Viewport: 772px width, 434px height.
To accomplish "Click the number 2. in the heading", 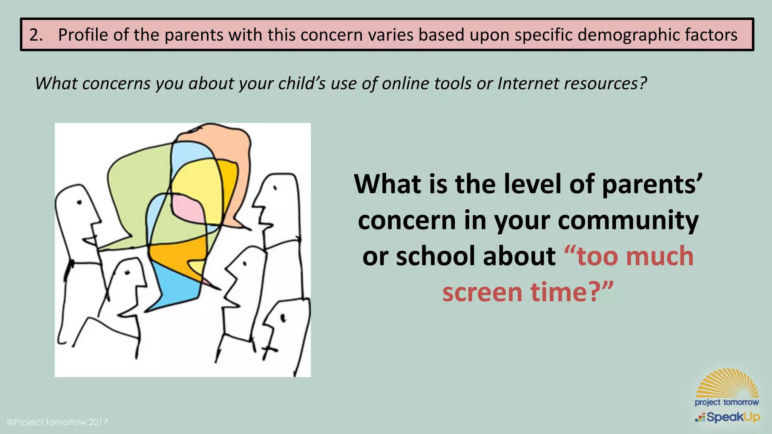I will (36, 35).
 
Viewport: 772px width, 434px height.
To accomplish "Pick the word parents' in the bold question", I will (653, 184).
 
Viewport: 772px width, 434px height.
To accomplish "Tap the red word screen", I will (482, 292).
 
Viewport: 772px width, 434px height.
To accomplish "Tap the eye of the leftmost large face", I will (80, 203).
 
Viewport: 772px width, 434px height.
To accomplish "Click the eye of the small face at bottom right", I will (283, 319).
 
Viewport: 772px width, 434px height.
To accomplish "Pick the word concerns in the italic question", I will (116, 83).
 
